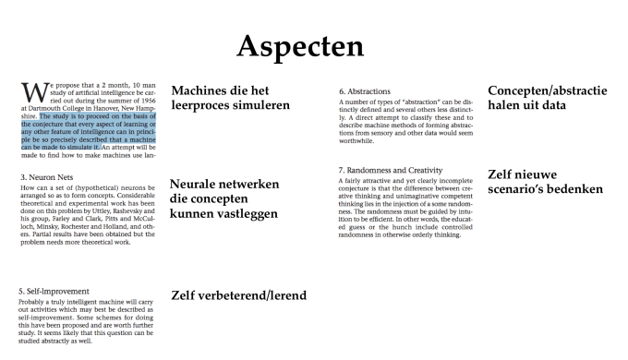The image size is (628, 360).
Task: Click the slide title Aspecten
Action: click(312, 45)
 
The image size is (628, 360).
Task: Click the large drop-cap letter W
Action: click(31, 94)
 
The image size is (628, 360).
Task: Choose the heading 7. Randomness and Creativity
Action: click(403, 170)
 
